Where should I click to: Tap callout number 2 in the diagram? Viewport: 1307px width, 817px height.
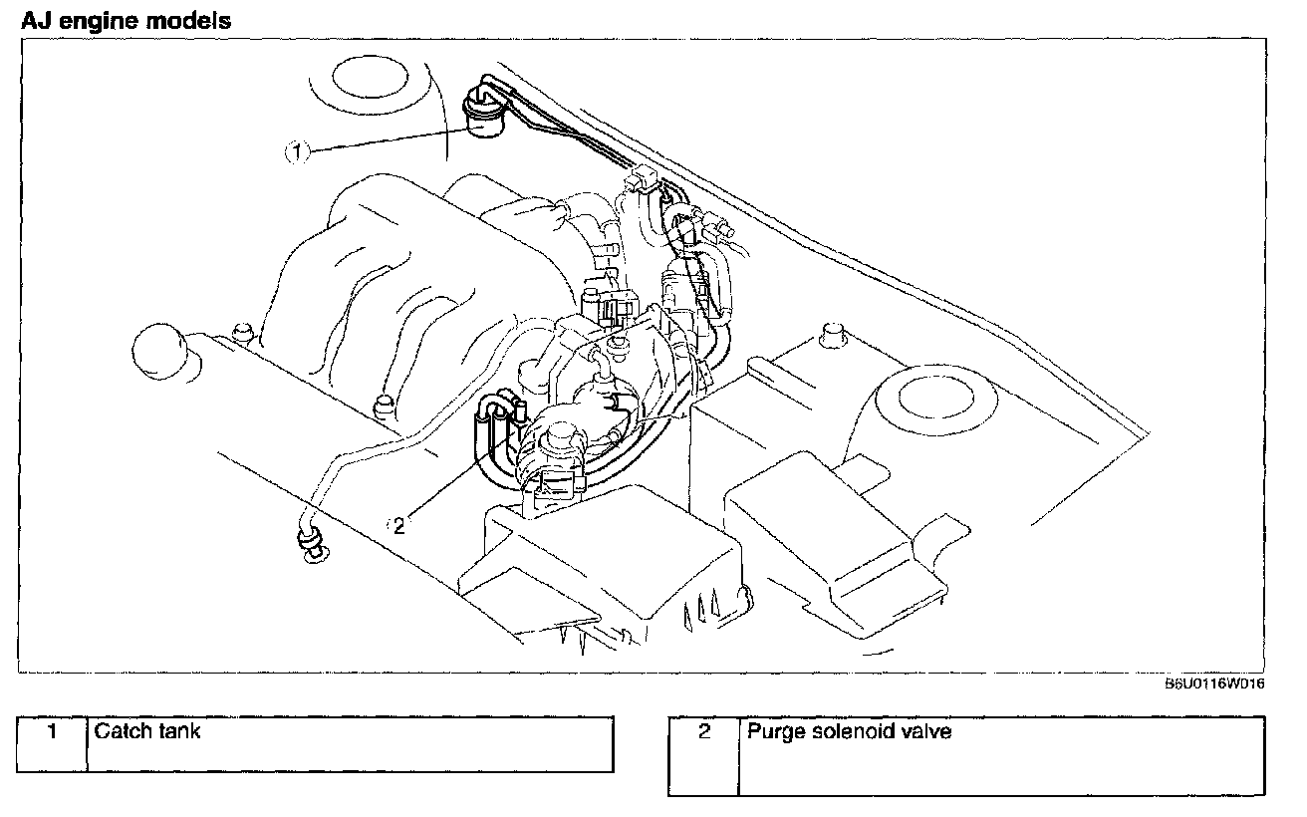point(399,524)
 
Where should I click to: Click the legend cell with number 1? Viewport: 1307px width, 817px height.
point(52,731)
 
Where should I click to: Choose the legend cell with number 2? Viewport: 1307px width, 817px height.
point(704,732)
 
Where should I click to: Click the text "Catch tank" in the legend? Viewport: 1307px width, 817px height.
point(146,731)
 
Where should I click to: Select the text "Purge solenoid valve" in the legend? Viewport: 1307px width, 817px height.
point(849,732)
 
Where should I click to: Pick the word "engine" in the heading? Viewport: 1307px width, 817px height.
point(105,20)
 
